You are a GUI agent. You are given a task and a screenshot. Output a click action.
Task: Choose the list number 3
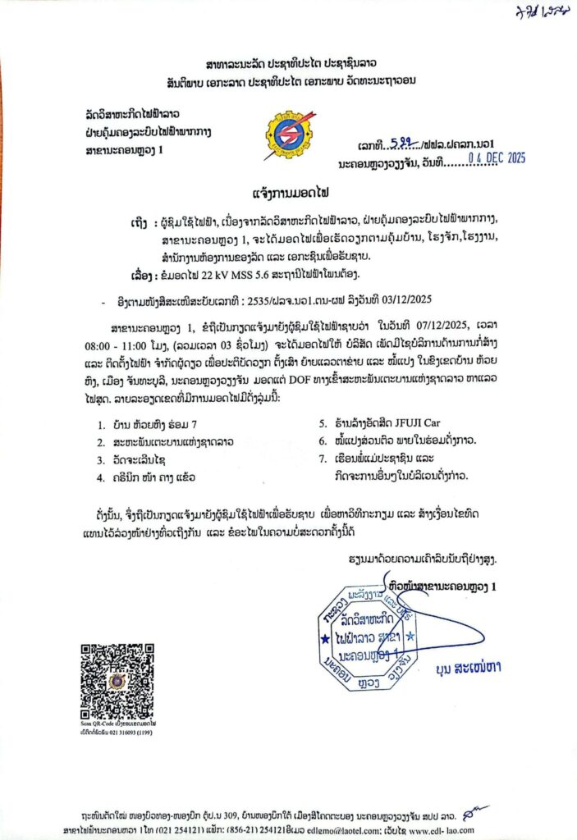click(100, 459)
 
